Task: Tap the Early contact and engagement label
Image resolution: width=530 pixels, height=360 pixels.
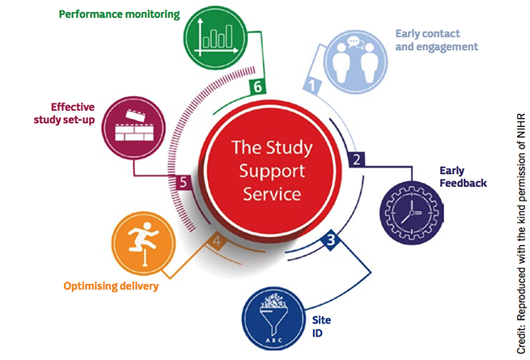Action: (x=436, y=40)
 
